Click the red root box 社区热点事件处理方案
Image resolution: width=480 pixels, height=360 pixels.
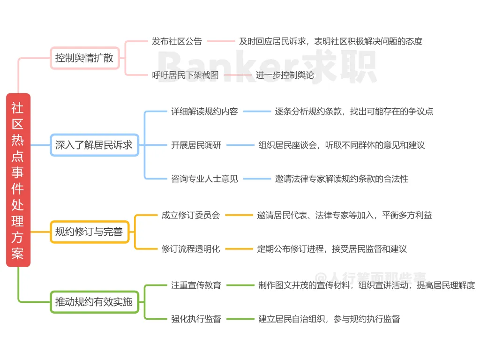(18, 180)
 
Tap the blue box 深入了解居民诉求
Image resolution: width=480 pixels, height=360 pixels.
(94, 145)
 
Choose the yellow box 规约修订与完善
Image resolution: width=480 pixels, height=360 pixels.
(89, 232)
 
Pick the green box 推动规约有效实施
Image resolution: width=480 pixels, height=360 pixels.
(94, 302)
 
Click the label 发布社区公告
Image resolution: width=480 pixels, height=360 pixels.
(177, 41)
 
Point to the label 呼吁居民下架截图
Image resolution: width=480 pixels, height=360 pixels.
(185, 75)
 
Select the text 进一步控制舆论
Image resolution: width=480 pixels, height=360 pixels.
(285, 75)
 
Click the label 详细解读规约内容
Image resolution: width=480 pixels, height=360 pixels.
(204, 112)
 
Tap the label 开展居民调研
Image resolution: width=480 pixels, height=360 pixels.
(196, 145)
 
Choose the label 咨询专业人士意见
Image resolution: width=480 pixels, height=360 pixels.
(204, 179)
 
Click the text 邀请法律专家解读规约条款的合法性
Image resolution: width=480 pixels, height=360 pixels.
(341, 179)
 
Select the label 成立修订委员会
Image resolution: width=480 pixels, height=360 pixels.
(190, 215)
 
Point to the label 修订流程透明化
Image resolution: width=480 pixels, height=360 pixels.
(190, 249)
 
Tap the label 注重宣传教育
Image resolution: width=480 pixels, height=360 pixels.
(196, 285)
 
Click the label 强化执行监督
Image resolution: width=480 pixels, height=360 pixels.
(196, 319)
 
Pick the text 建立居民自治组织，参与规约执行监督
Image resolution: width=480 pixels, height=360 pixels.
(329, 319)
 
